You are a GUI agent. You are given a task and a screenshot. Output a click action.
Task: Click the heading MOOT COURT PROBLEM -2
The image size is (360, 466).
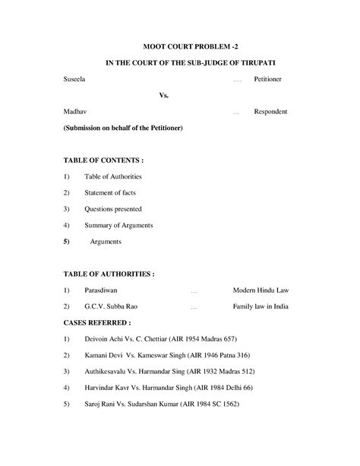point(180,46)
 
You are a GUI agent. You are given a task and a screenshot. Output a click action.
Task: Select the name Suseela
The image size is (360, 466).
point(75,79)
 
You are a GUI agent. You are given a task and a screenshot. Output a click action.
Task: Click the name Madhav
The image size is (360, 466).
point(75,111)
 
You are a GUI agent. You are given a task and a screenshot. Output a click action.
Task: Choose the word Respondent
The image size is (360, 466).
point(270,111)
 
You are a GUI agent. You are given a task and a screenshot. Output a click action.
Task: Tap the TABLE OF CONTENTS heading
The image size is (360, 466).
point(103,160)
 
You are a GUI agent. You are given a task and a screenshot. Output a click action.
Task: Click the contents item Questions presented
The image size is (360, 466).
point(113,208)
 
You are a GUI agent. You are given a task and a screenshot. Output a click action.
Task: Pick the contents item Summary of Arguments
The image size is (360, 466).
point(118,225)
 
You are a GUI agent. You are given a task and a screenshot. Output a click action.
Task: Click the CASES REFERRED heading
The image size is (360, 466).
point(93,322)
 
